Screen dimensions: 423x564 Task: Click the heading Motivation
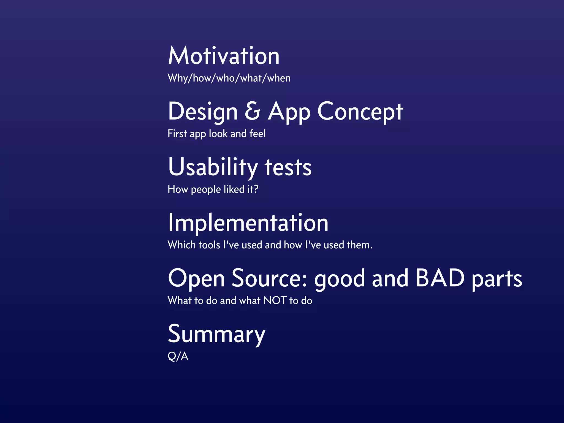224,56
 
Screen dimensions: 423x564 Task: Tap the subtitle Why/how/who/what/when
229,78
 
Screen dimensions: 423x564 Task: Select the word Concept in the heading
360,112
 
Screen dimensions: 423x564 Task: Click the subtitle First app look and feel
216,134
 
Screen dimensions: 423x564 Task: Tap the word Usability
213,167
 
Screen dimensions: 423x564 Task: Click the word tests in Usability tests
288,168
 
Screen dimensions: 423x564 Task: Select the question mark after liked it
256,189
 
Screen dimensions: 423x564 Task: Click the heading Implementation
248,223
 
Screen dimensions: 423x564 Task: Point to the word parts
497,280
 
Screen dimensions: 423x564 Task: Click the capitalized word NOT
275,300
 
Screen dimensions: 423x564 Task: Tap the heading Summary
216,334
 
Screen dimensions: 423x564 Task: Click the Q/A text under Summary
178,356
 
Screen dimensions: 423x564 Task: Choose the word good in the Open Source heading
340,280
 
